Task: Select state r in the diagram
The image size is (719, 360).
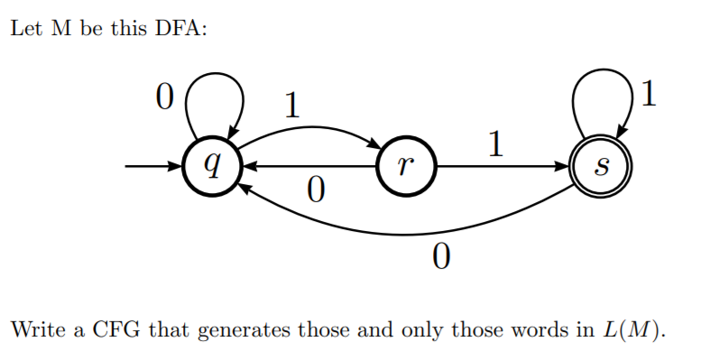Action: [x=407, y=166]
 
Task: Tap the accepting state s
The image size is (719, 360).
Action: [x=603, y=166]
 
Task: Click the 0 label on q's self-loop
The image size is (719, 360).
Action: [x=162, y=97]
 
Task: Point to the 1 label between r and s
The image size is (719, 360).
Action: [x=493, y=144]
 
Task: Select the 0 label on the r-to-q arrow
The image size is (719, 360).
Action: [x=315, y=190]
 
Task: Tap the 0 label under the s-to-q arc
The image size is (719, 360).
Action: [x=440, y=258]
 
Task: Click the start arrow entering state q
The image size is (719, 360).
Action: [x=153, y=166]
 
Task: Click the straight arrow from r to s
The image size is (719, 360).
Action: [x=505, y=166]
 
